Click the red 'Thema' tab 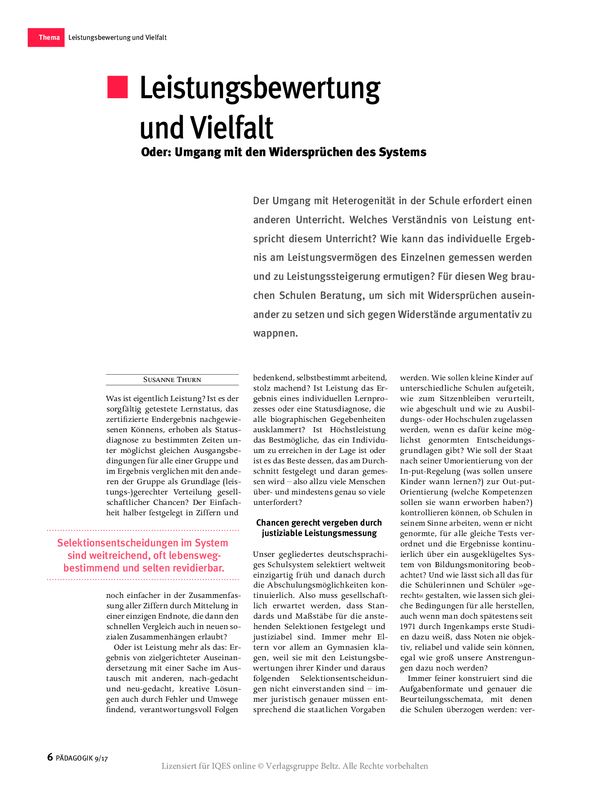(x=46, y=38)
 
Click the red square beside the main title (x=117, y=87)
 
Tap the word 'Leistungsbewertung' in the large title (x=260, y=89)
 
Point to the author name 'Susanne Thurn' (x=172, y=380)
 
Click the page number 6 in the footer (x=50, y=757)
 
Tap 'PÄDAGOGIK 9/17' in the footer (x=82, y=758)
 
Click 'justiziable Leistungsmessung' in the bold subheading (x=319, y=533)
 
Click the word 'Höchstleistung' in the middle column (x=358, y=430)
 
